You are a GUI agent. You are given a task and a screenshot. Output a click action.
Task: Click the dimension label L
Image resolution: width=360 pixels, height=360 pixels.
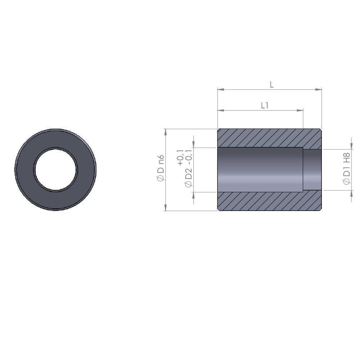(271, 85)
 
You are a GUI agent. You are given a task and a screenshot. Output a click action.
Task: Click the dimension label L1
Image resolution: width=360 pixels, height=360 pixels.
(265, 105)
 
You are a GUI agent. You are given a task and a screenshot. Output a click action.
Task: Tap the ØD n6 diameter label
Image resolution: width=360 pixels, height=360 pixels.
(161, 168)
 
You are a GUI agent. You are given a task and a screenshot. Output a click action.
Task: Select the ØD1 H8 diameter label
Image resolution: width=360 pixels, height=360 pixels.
(346, 168)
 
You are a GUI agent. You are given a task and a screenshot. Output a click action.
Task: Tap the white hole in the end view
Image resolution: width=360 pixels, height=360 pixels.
(55, 170)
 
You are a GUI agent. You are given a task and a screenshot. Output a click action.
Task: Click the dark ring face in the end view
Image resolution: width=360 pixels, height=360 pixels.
(85, 170)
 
